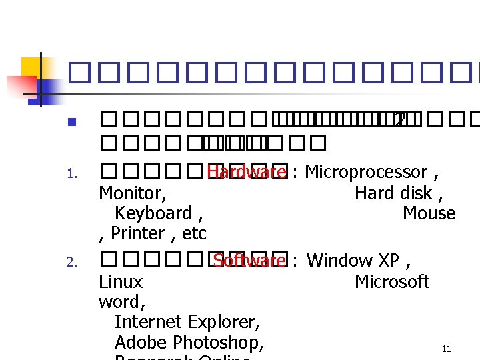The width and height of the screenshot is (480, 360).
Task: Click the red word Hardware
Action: click(246, 172)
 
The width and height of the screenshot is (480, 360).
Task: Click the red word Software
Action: click(249, 260)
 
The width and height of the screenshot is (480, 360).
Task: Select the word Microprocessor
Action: click(365, 172)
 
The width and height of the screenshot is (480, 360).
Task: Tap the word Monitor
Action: click(131, 193)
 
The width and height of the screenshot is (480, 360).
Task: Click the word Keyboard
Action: click(153, 213)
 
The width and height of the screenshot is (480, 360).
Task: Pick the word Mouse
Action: click(429, 213)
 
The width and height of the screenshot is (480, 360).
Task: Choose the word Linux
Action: click(121, 281)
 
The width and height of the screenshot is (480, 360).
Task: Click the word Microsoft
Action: click(391, 281)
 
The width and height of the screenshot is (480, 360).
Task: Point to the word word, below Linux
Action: click(122, 301)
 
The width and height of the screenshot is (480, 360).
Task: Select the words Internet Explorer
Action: click(187, 322)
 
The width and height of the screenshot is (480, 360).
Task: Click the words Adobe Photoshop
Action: click(189, 343)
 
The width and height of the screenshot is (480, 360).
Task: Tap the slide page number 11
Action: click(446, 349)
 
